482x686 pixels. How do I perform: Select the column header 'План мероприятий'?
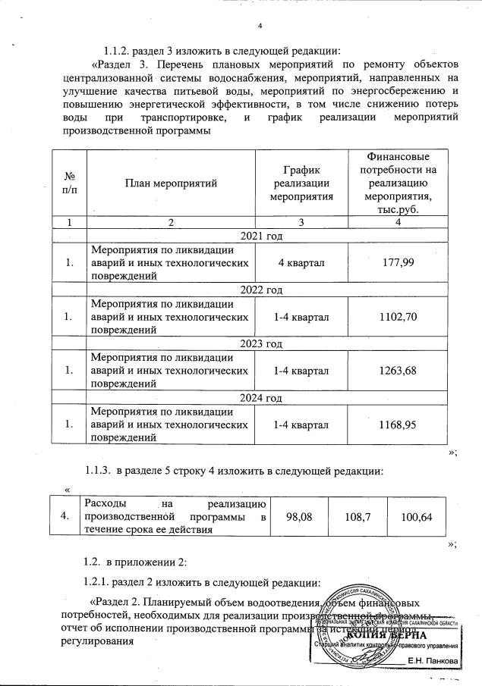(x=172, y=183)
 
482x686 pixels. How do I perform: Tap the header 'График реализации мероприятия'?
(x=302, y=183)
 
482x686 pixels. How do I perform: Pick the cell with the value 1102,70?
(x=400, y=316)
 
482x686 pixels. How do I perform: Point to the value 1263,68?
(x=400, y=370)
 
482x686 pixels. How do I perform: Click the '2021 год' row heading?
(x=260, y=236)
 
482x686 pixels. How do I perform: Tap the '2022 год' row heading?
(x=260, y=290)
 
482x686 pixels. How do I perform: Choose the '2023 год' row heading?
(x=260, y=344)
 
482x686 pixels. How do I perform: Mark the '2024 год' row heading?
(x=260, y=398)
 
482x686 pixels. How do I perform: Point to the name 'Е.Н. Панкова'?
(x=433, y=662)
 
